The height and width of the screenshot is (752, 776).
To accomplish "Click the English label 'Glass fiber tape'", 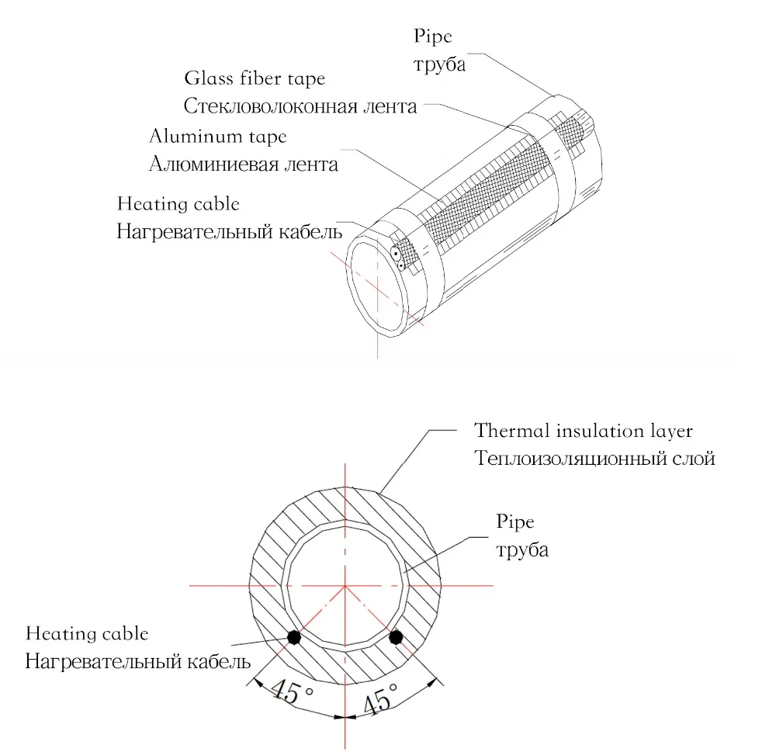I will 255,79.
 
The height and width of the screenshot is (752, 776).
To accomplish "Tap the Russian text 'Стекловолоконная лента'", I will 300,106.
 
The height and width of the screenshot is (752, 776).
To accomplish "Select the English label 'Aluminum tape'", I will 218,137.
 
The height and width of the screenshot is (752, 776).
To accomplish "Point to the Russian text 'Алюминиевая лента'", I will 244,165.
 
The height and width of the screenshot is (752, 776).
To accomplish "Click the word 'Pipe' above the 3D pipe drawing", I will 432,36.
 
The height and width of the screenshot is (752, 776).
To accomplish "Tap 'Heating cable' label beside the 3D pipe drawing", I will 178,204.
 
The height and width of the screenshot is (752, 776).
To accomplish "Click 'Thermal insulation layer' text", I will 584,430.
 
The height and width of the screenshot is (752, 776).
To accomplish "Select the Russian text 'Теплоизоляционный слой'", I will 594,458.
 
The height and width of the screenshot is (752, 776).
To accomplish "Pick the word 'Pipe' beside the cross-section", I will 515,522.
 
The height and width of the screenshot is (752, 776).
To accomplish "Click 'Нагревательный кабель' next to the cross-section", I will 138,662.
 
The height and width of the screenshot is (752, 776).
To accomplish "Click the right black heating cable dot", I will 396,637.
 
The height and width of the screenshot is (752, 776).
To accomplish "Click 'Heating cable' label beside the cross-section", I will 87,634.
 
